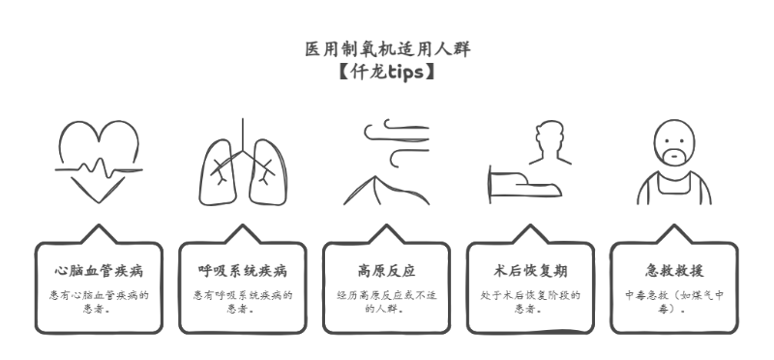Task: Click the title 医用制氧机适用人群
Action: tap(387, 48)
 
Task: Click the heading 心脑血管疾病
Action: tap(99, 270)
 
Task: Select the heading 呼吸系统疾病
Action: tap(243, 270)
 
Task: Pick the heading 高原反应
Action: tap(386, 270)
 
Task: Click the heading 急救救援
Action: tap(674, 270)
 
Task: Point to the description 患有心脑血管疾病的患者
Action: tap(99, 302)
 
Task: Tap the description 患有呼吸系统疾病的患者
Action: tap(243, 302)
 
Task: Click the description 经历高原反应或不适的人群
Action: tap(386, 302)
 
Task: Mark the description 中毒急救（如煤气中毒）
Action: tap(674, 302)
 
